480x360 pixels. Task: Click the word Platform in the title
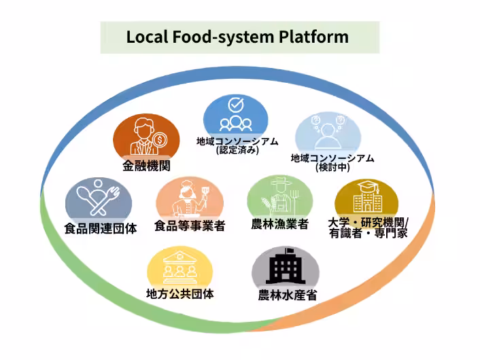(x=313, y=37)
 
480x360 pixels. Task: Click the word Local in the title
(x=147, y=37)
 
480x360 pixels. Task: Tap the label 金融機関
(x=146, y=166)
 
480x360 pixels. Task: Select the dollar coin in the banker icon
(x=159, y=141)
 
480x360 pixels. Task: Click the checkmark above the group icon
(x=236, y=105)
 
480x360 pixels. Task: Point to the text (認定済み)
(x=237, y=150)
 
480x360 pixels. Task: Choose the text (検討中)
(x=332, y=167)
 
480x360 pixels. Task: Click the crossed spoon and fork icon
(x=99, y=198)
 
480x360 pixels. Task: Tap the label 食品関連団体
(x=101, y=228)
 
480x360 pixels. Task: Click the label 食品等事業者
(x=190, y=226)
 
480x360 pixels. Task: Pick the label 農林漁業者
(x=279, y=224)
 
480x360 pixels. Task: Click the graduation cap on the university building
(x=368, y=185)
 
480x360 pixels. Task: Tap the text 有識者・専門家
(x=368, y=234)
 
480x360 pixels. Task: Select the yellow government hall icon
(x=180, y=268)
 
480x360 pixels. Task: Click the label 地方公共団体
(x=180, y=294)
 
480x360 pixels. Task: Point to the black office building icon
(x=286, y=266)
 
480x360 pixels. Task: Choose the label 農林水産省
(x=288, y=295)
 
